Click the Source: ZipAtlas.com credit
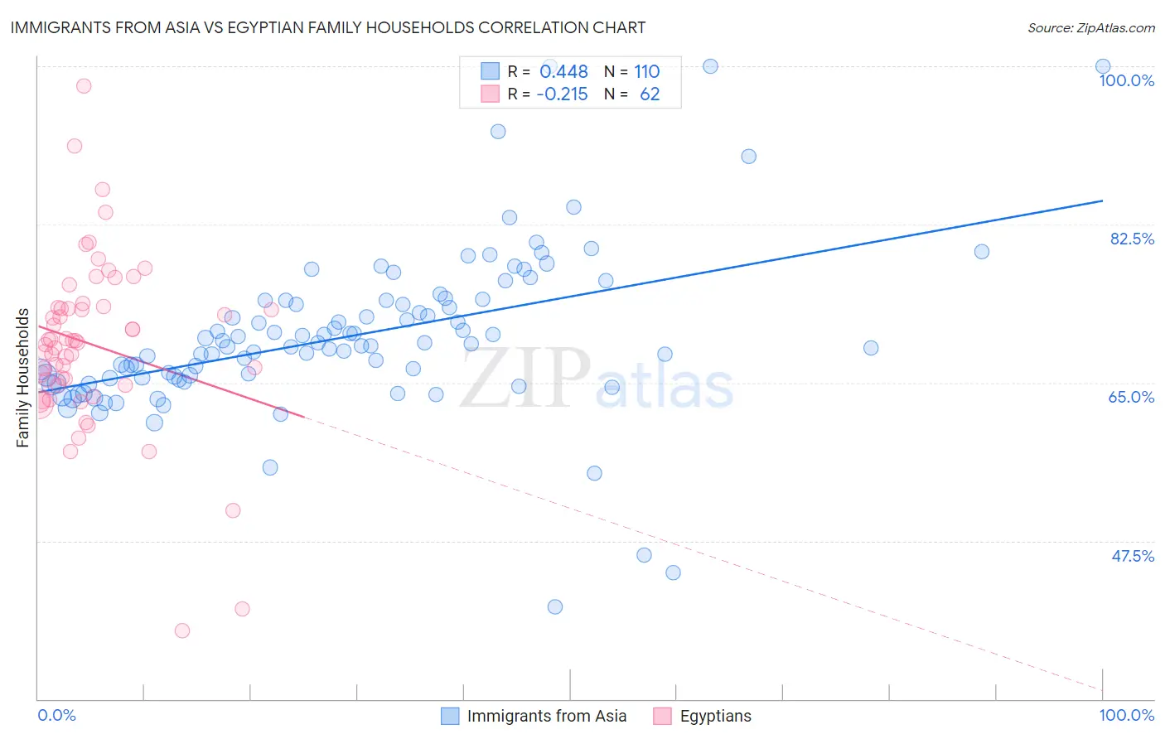pos(1090,27)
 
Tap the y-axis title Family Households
pos(23,378)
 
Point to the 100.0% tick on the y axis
pos(1126,80)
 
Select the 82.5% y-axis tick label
pos(1132,239)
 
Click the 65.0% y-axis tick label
pos(1131,397)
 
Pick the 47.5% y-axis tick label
pos(1133,556)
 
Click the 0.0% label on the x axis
pos(56,715)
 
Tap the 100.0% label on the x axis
pos(1126,715)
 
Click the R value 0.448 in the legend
pos(563,72)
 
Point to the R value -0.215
pos(562,94)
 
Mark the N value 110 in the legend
pos(647,72)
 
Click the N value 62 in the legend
pos(650,94)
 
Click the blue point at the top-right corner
pos(1103,66)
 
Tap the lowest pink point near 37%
pos(182,630)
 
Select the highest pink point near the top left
pos(84,85)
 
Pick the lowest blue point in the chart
pos(555,606)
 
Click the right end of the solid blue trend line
pos(1102,200)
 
